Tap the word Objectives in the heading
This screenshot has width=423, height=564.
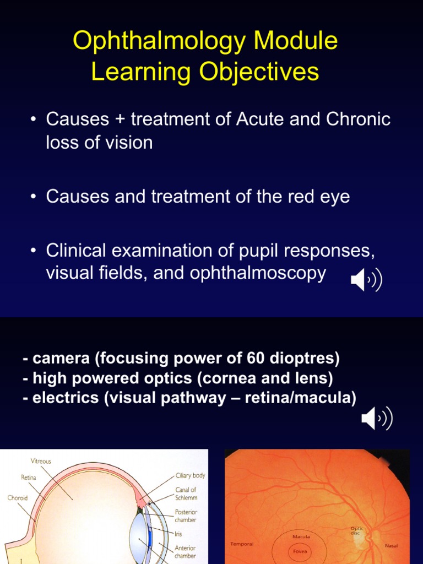pos(259,72)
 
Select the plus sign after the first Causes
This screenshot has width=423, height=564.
pos(120,120)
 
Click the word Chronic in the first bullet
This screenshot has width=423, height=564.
pos(358,119)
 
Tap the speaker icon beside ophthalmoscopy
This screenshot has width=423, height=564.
pos(366,280)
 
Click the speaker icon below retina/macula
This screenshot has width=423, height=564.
pos(377,419)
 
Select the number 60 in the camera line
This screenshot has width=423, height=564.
pos(256,358)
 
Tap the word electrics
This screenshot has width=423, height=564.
pos(66,398)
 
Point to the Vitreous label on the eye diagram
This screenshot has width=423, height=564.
pos(41,461)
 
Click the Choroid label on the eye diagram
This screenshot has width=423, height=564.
pos(17,498)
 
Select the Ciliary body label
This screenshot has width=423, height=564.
pos(190,475)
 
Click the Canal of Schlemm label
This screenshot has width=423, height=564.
pos(186,493)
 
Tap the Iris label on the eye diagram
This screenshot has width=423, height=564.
pos(178,534)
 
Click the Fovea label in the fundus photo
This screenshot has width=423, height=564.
pos(300,551)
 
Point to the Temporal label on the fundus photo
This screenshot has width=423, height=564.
pos(242,544)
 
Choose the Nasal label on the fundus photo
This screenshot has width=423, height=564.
pos(392,546)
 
